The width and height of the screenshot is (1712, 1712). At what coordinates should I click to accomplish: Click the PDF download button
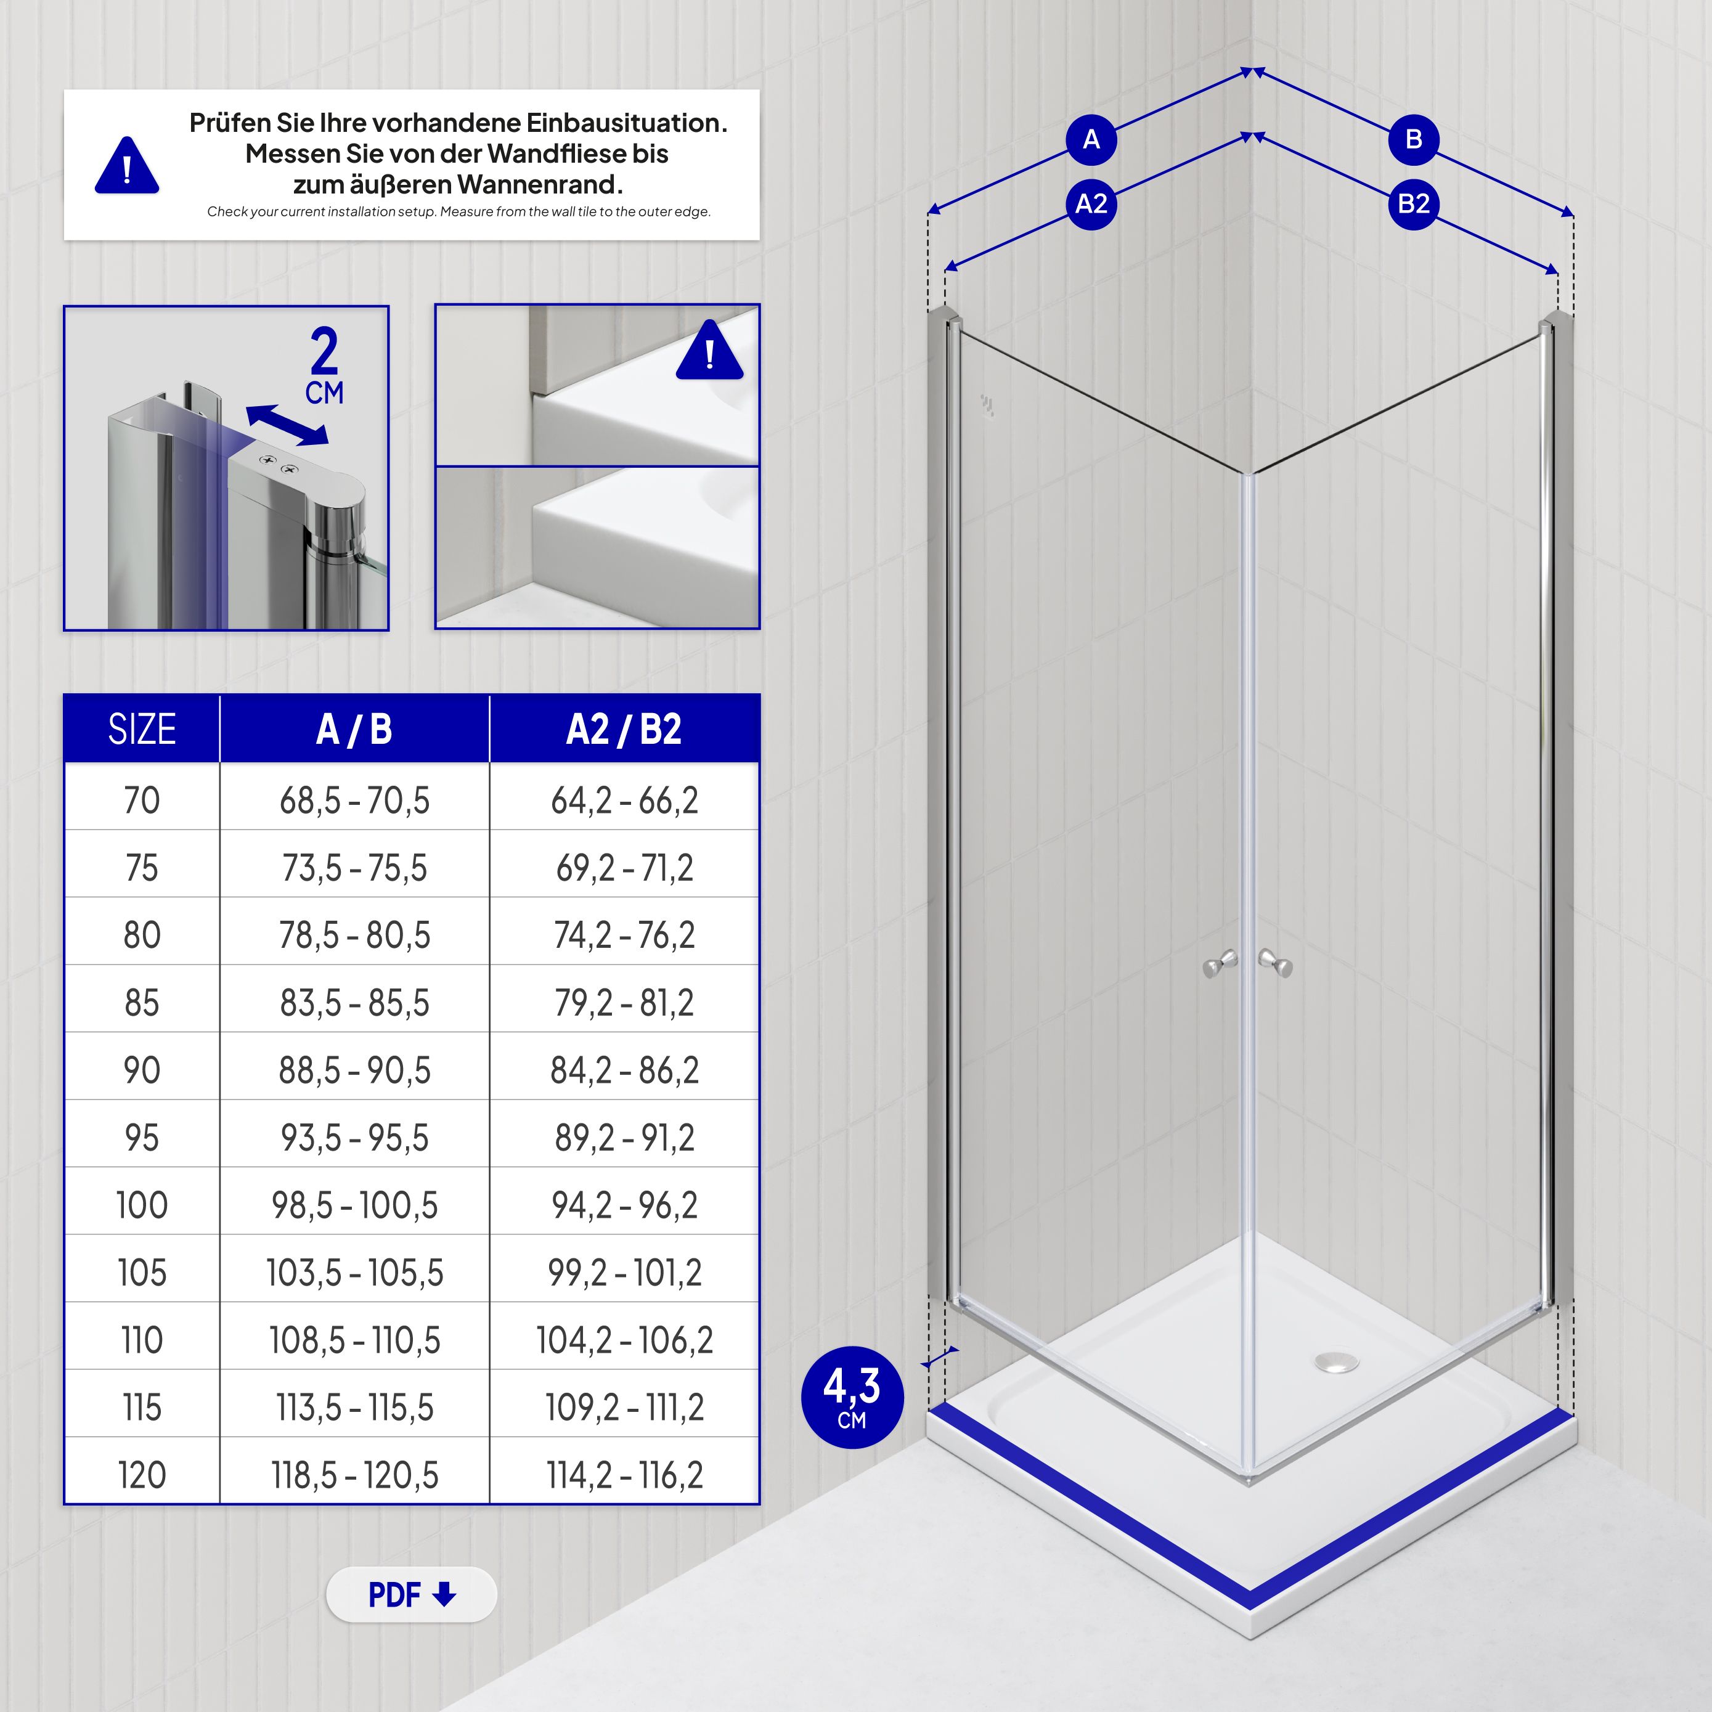(411, 1595)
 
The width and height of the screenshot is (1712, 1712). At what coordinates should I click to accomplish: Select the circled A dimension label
(1091, 140)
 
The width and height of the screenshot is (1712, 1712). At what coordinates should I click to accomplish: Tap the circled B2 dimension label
(1413, 205)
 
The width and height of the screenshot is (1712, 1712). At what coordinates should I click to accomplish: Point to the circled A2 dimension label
(1091, 205)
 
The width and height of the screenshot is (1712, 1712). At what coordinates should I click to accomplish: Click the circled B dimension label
(1413, 140)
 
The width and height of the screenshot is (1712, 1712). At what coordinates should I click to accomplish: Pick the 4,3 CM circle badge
(852, 1398)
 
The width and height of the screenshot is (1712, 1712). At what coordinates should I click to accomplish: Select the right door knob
(1277, 963)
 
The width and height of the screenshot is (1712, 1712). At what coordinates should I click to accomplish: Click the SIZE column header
(142, 729)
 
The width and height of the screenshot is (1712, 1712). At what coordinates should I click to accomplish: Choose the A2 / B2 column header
(624, 729)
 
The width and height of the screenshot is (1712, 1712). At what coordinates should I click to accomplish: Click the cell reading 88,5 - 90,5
(354, 1070)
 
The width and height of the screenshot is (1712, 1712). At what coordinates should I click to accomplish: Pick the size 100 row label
(142, 1205)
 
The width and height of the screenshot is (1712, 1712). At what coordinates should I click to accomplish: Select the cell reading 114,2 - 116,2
(624, 1475)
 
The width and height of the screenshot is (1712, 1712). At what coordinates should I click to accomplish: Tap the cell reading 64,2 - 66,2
(624, 800)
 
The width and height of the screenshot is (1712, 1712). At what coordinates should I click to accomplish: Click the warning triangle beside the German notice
(127, 166)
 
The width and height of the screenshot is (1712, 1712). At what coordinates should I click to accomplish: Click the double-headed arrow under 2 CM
(286, 425)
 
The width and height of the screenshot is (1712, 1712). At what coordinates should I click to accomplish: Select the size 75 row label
(142, 868)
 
